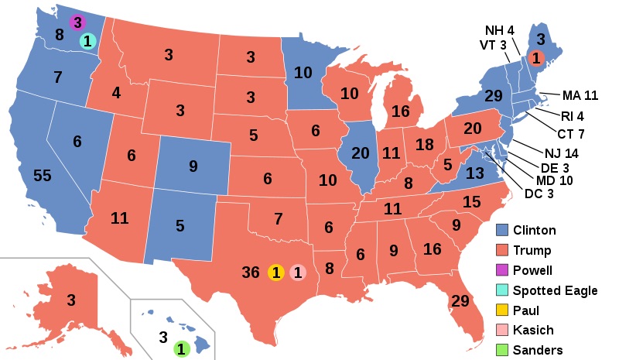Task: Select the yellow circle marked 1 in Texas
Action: point(275,273)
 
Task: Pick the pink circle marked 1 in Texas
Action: point(298,273)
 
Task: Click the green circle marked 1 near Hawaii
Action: point(180,349)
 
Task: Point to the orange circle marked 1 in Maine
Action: point(535,57)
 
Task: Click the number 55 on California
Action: point(43,176)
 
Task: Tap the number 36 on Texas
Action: point(250,273)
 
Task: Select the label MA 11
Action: point(580,96)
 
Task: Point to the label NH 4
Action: point(500,30)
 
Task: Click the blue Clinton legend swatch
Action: point(502,230)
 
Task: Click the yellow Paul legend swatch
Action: point(502,310)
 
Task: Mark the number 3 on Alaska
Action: point(70,300)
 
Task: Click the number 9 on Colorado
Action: point(193,165)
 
